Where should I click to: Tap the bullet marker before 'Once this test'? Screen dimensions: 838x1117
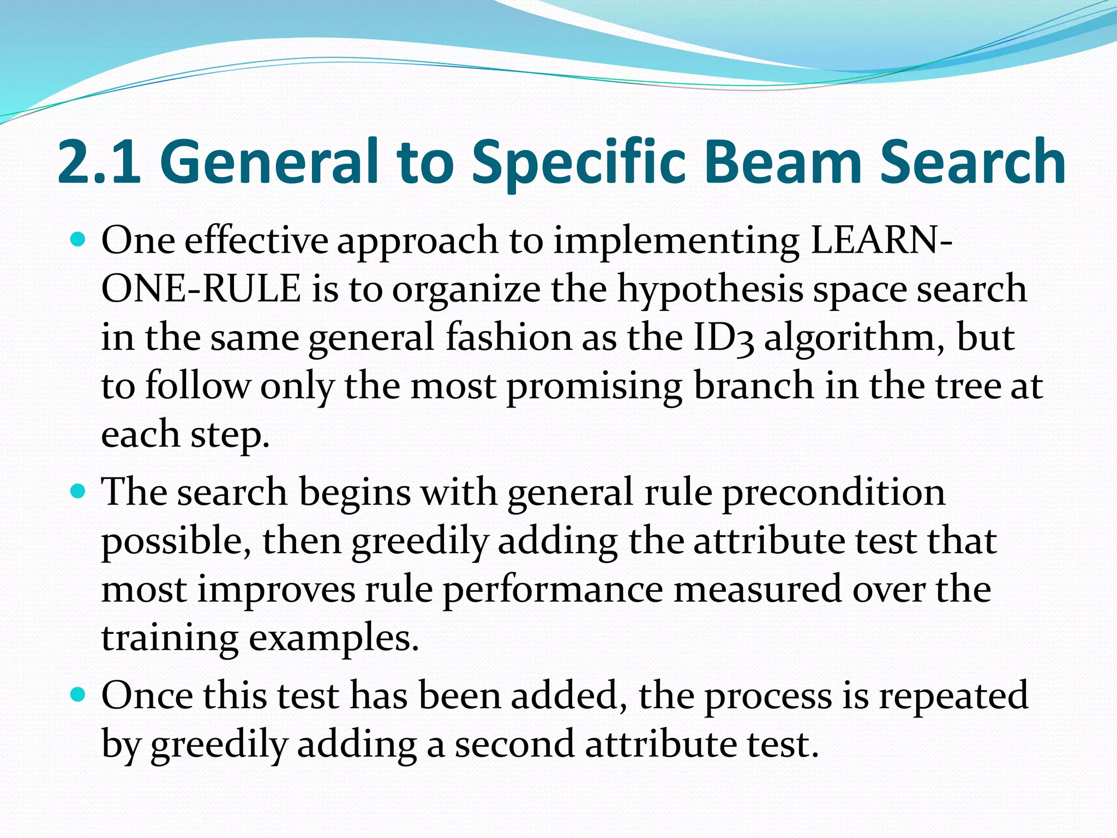[79, 695]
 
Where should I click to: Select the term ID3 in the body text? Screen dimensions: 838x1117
[723, 337]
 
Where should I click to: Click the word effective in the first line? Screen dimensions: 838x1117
[256, 240]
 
